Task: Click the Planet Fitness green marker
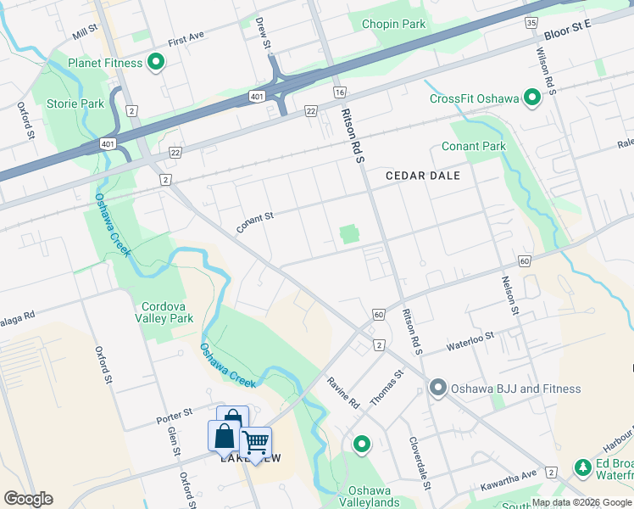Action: [156, 62]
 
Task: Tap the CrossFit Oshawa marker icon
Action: [532, 98]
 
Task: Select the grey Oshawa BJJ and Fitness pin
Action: [438, 389]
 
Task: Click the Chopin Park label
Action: [393, 24]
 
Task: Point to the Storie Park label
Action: [75, 103]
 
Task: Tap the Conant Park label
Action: [473, 146]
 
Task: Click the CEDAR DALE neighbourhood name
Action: [422, 176]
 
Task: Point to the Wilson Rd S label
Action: [544, 70]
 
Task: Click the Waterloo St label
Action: [470, 342]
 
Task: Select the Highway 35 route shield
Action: [531, 23]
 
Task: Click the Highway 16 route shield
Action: [340, 92]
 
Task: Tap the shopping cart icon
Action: [256, 442]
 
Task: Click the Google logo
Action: [28, 498]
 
